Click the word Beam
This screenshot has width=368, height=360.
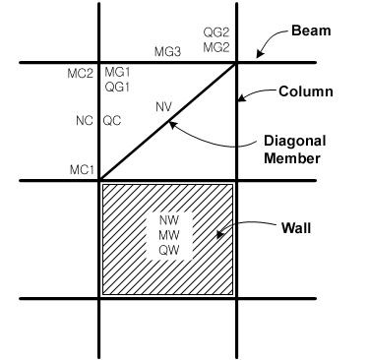(x=311, y=30)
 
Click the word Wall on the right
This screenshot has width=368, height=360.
(x=297, y=228)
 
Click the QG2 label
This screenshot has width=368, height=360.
(x=215, y=32)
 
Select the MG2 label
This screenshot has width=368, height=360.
(x=215, y=46)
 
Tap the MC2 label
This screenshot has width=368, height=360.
(x=81, y=73)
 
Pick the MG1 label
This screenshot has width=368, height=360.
(x=117, y=73)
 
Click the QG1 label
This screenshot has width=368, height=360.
(x=117, y=87)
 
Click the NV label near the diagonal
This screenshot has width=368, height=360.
(x=163, y=106)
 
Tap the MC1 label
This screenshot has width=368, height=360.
(x=81, y=170)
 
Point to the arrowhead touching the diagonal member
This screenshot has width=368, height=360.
(x=170, y=123)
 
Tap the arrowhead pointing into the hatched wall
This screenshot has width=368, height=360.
(x=220, y=234)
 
